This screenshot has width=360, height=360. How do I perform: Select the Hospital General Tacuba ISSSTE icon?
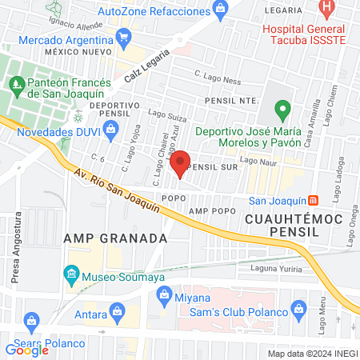(x=326, y=8)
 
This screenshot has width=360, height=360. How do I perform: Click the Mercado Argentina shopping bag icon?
(x=123, y=37)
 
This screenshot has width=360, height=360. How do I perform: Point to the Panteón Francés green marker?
(x=16, y=82)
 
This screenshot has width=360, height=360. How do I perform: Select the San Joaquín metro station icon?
(x=314, y=200)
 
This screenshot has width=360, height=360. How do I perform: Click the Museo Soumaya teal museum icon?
(x=71, y=278)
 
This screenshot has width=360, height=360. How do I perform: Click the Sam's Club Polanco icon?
(x=298, y=309)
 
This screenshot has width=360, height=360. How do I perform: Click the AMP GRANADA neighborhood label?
(x=115, y=238)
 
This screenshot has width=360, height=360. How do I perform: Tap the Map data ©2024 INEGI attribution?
(x=312, y=354)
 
